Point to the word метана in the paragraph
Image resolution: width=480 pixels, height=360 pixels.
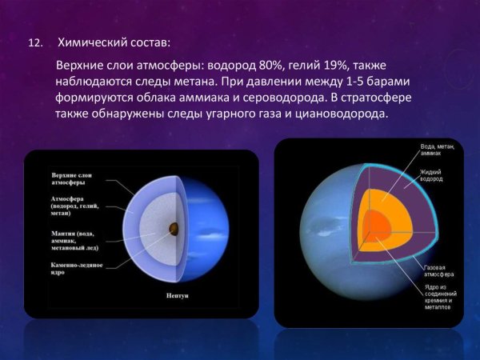coord(213,81)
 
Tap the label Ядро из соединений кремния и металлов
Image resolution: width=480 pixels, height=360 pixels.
coord(441,295)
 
